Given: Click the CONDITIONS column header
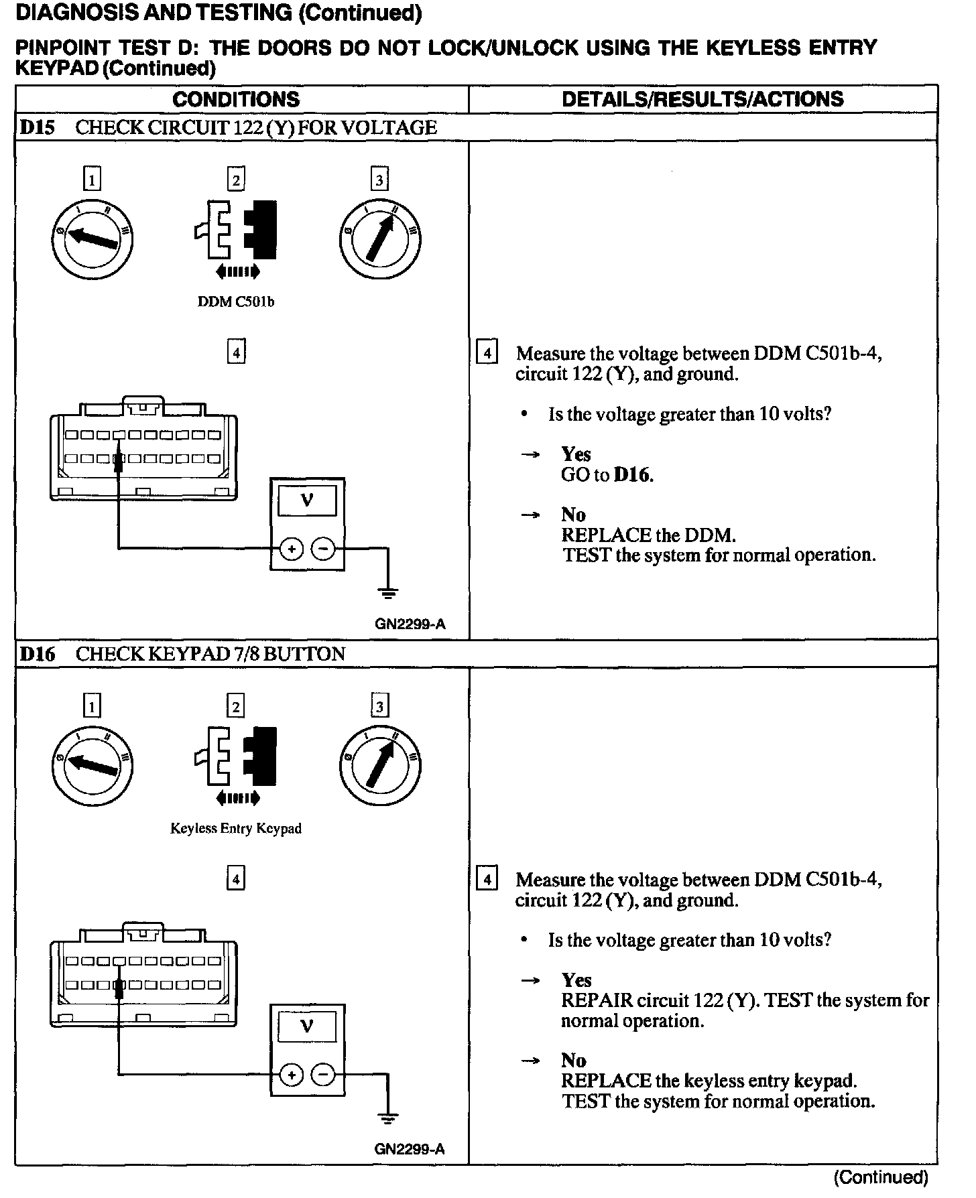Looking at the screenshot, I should coord(236,99).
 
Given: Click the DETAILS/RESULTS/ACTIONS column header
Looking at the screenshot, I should coord(703,99).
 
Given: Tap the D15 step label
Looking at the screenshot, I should coord(37,127).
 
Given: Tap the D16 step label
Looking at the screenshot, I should coord(37,654).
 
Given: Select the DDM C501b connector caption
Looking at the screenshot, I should coord(236,302).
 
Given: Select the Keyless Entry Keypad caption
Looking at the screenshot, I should coord(236,829).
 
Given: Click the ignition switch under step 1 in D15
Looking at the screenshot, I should coord(93,239).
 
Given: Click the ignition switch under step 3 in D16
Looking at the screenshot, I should coord(380,764).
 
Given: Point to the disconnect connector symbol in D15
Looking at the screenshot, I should coord(236,229).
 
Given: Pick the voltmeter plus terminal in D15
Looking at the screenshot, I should coord(292,549).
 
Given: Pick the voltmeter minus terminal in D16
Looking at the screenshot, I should coord(323,1075).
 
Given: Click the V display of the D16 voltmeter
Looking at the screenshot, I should coord(307,1026).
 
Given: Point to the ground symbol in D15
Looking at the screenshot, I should coord(387,592).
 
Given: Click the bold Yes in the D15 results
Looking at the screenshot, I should coord(576,454).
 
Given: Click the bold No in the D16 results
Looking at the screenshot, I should coord(573,1061).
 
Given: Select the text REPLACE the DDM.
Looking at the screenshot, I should coord(648,535).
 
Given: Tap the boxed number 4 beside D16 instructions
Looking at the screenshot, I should coord(486,879).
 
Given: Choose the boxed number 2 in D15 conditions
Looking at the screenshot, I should coord(236,180).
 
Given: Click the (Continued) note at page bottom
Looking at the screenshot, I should coord(881,1177).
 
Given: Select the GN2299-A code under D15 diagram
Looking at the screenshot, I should coord(410,624).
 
